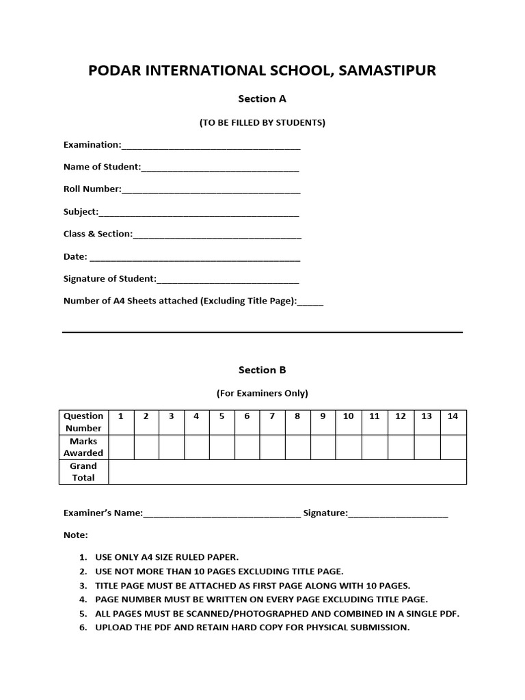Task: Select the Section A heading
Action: tap(262, 98)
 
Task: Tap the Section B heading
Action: tap(262, 370)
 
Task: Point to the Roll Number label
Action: tap(92, 189)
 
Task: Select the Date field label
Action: tap(75, 256)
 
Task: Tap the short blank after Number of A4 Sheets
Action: tap(310, 301)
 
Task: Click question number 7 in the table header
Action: tap(272, 416)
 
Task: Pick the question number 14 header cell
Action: tap(453, 416)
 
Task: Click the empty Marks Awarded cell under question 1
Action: tap(121, 447)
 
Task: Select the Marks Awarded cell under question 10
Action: tap(348, 447)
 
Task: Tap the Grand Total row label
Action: tap(83, 472)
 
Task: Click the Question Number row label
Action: tap(83, 422)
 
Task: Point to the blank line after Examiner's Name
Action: tap(221, 514)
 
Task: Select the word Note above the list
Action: tap(75, 535)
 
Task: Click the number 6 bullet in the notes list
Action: tap(83, 628)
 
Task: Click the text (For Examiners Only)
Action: tap(262, 393)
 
